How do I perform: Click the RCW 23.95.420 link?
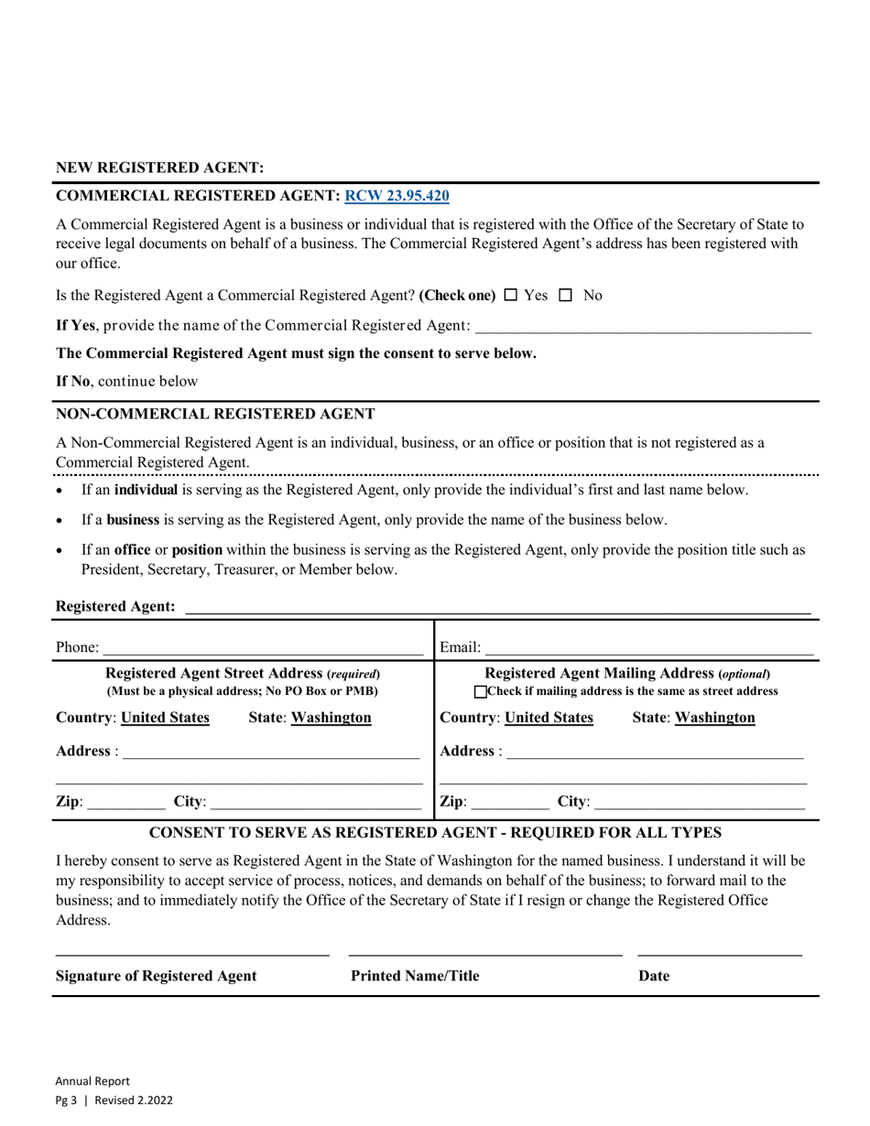[396, 195]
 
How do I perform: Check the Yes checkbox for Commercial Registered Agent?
[511, 295]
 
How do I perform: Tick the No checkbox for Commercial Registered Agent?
[565, 295]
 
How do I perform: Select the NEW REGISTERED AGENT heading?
[160, 168]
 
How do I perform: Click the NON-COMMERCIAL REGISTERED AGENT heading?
[215, 414]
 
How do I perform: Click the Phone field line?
[263, 648]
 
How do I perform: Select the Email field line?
[648, 648]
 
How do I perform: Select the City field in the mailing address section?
[699, 803]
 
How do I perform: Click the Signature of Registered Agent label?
[157, 976]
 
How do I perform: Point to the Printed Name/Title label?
[415, 976]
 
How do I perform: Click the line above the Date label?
[719, 955]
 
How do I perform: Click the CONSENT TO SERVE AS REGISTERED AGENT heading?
[435, 833]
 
